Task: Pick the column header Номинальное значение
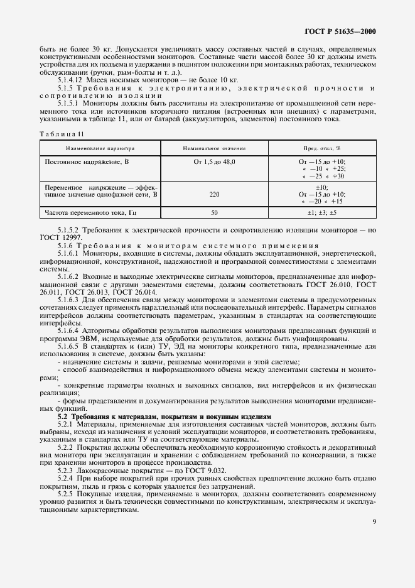214,149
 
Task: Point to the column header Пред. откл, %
321,149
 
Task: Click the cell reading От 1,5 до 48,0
214,162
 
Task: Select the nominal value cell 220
214,195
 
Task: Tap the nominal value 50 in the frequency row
214,213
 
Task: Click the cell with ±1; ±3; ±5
321,213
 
